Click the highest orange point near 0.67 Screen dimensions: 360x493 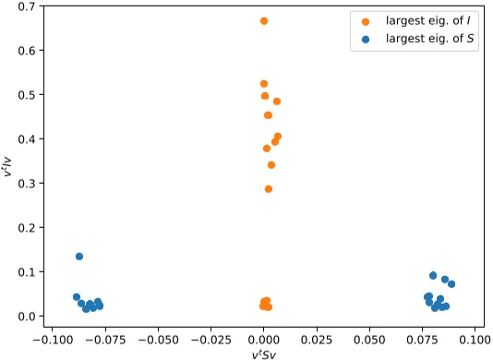pos(264,20)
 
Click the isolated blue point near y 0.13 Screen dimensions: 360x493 pos(79,257)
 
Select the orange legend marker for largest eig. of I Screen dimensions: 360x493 pos(365,21)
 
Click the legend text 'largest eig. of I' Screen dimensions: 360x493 pos(420,21)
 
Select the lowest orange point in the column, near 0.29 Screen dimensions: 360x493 pos(269,189)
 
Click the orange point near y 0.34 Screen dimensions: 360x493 pos(271,165)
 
